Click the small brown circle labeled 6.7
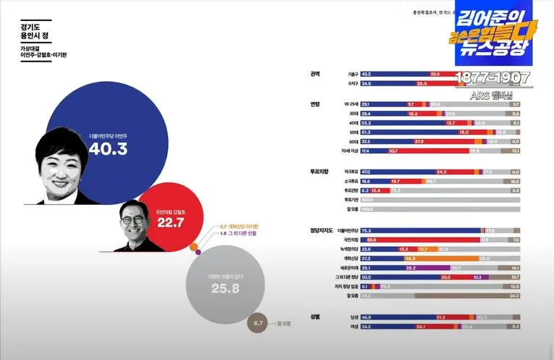point(259,323)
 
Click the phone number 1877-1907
point(492,78)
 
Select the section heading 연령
point(315,104)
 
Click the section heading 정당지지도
point(319,230)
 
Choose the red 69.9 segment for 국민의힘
point(420,239)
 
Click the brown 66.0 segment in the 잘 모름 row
point(467,296)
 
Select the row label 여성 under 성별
point(353,327)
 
